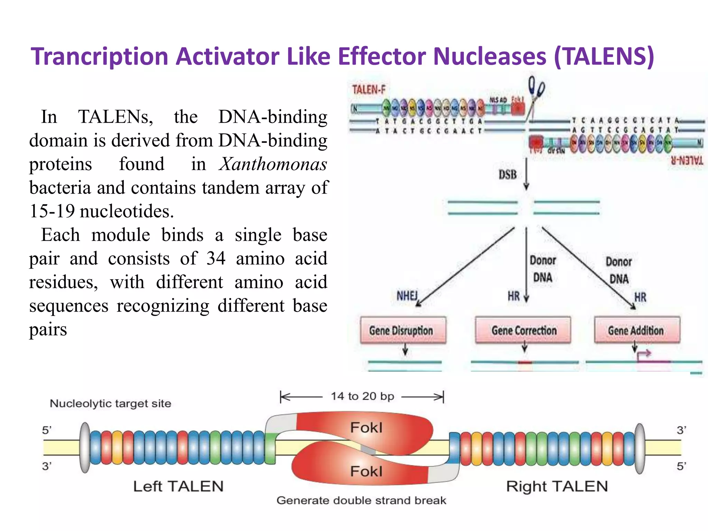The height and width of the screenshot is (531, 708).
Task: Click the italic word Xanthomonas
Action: tap(273, 164)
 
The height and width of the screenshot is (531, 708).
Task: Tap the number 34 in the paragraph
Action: tap(216, 258)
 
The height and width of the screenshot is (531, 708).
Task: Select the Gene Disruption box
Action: tap(403, 330)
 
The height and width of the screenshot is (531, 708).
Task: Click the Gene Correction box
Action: tap(523, 330)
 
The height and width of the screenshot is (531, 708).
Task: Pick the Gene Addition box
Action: tap(636, 330)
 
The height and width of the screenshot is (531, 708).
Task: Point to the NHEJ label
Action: tap(407, 296)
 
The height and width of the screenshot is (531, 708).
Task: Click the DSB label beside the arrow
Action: tap(507, 175)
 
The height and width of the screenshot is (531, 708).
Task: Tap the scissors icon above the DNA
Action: tap(536, 90)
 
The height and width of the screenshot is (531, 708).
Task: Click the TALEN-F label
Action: tap(369, 90)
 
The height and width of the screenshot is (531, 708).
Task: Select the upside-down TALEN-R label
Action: tap(687, 161)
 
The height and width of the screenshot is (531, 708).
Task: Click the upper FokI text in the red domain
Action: tap(366, 428)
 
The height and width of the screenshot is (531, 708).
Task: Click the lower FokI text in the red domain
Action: tap(366, 471)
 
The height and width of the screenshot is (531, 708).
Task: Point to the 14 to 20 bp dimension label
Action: tap(362, 396)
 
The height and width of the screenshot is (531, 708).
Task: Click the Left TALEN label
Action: tap(178, 486)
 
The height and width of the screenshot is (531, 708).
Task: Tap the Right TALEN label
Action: tap(557, 486)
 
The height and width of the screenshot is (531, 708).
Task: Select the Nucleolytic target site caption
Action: tap(111, 403)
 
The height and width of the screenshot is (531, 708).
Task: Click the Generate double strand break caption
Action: tap(361, 500)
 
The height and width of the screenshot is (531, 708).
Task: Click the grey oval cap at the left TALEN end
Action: tap(85, 448)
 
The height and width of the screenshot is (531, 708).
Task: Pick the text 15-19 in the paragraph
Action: tap(52, 211)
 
